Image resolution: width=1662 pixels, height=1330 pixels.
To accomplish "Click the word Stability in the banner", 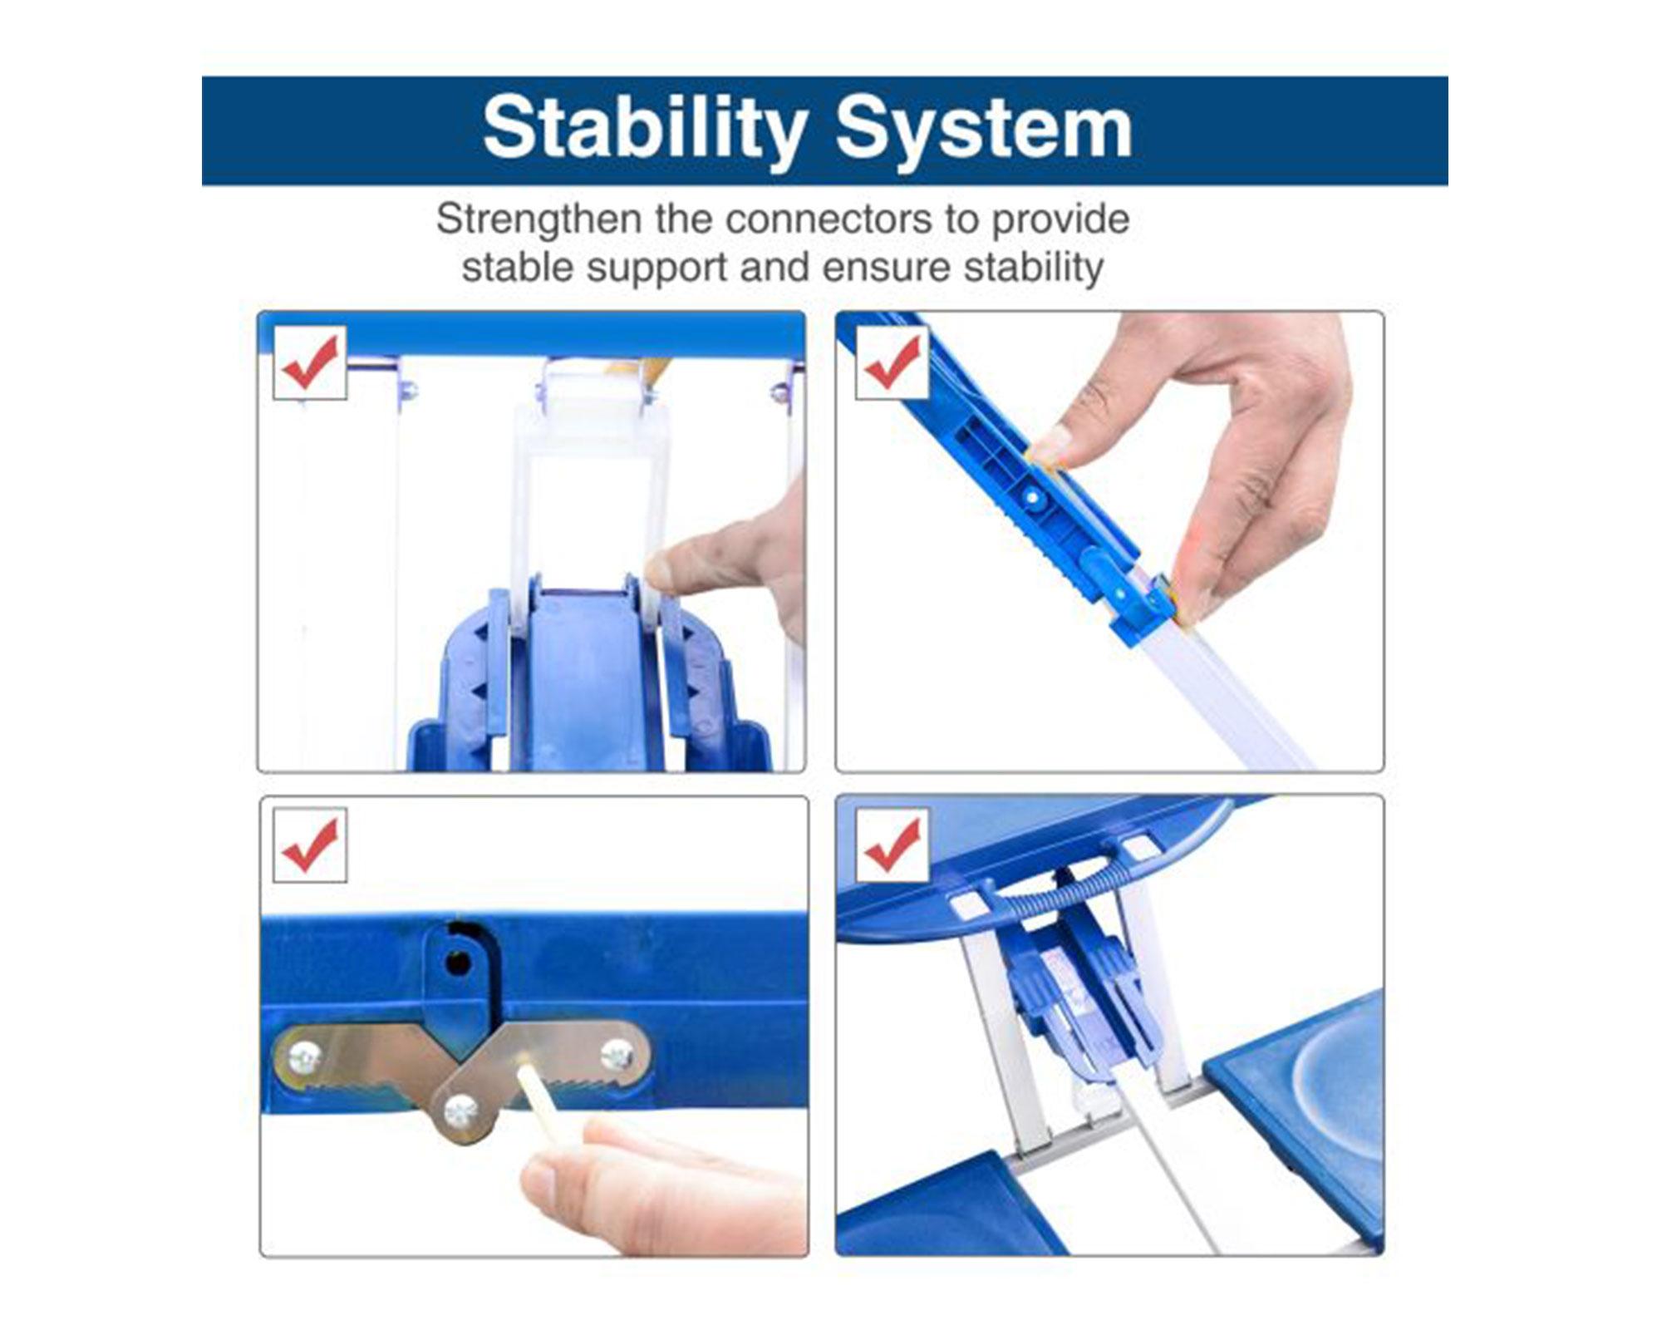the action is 645,129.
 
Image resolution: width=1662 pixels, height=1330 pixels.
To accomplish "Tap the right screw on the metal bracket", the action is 617,1055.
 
